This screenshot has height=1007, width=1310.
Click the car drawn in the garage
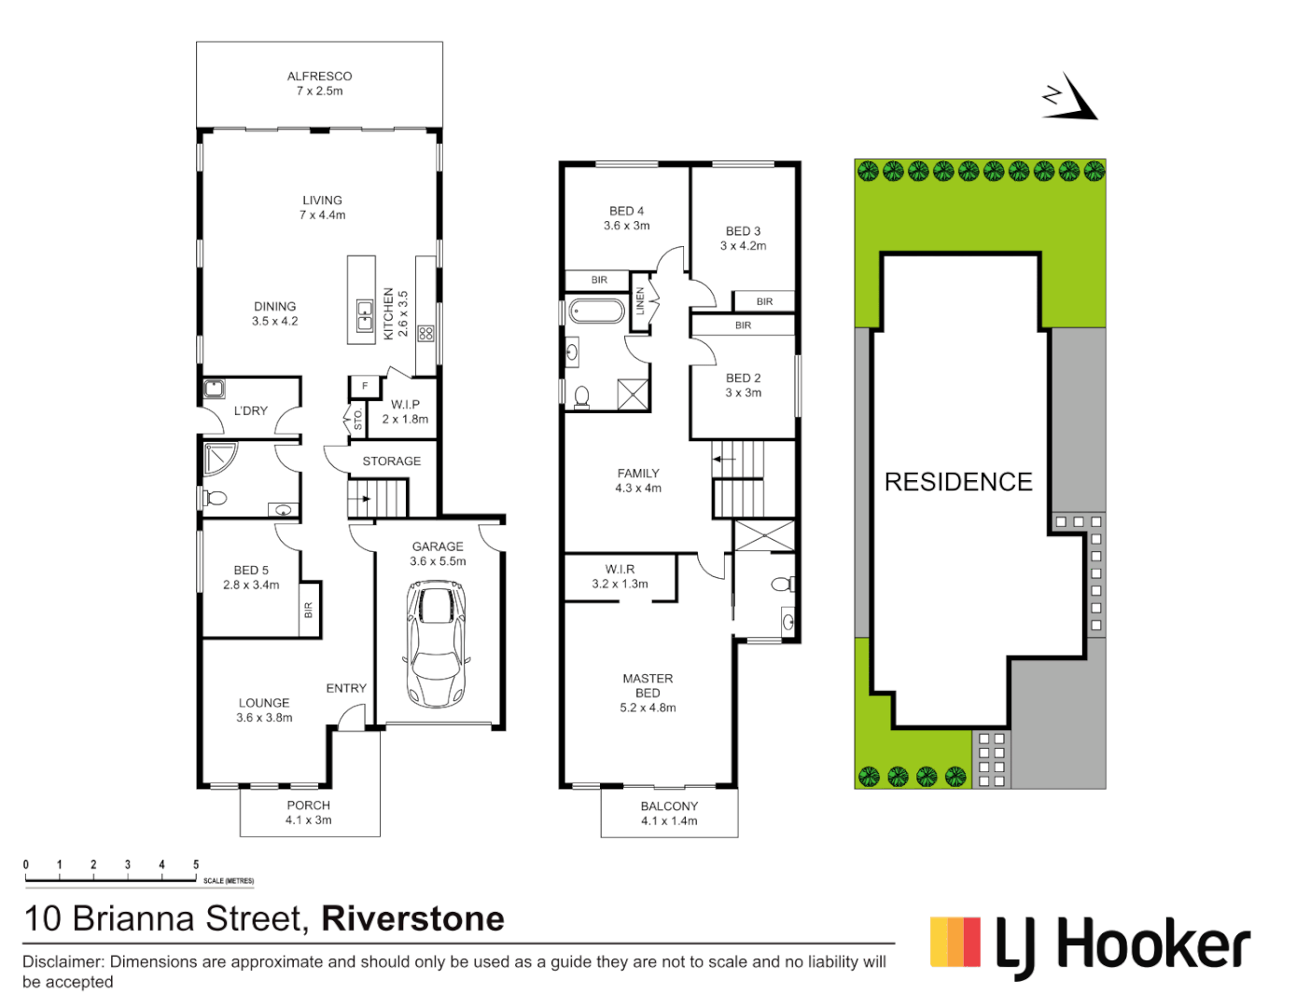point(436,643)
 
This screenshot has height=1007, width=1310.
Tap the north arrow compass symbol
point(1070,99)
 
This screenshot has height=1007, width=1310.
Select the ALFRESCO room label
point(319,83)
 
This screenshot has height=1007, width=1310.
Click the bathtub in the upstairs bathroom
point(596,310)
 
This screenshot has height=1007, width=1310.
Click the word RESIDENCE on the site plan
point(958,482)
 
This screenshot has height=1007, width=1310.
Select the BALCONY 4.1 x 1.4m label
point(669,813)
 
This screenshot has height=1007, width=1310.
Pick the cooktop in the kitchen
point(425,333)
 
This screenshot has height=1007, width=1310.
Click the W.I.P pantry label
point(405,411)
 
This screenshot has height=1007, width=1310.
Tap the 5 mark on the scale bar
point(196,865)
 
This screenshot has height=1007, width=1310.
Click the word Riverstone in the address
point(412,918)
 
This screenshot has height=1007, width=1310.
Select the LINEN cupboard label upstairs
point(640,300)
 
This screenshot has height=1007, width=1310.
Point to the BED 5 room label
point(251,577)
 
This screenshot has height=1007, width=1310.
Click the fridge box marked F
point(365,386)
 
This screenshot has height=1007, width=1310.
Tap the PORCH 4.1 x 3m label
point(308,812)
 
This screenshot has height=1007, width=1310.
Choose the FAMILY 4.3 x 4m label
point(638,480)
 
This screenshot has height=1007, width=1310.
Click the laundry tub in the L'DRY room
point(215,389)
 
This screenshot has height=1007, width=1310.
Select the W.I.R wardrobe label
point(620,576)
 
